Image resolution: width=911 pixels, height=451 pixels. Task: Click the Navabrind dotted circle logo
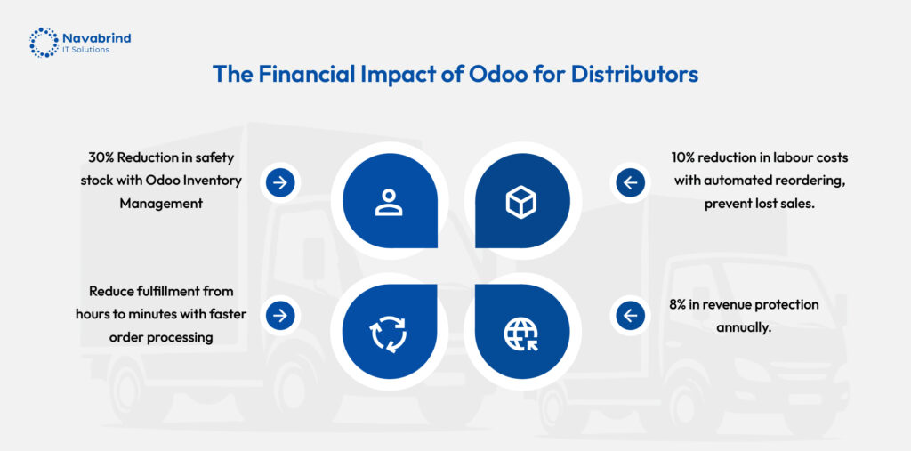point(44,43)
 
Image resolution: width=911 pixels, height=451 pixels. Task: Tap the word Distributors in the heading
point(634,75)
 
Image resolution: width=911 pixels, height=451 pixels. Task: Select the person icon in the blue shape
point(389,202)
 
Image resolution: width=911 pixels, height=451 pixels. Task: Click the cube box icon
point(520,202)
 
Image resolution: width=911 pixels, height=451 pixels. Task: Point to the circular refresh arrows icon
point(389,334)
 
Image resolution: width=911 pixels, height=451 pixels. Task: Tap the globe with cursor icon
point(520,334)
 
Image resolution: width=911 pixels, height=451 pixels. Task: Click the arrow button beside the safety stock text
point(280,183)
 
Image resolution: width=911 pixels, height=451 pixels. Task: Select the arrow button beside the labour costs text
point(631,183)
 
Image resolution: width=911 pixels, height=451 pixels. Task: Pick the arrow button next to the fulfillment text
point(280,316)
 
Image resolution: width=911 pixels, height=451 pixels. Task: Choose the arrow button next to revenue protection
point(631,316)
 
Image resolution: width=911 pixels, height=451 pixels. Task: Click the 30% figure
point(101,157)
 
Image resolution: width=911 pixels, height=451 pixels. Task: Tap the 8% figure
point(679,304)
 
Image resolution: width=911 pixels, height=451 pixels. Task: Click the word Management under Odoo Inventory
point(161,204)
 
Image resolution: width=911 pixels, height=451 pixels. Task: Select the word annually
point(743,327)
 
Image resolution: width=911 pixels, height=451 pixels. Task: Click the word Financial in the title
point(306,75)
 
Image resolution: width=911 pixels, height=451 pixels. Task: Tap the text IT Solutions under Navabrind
point(85,50)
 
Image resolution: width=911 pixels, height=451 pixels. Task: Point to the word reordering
point(811,181)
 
